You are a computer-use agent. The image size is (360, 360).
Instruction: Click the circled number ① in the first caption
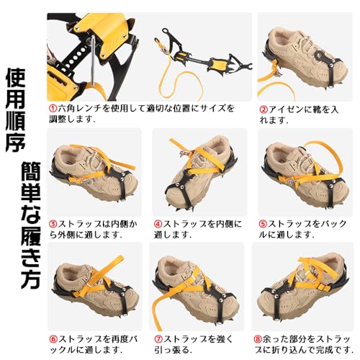tap(53, 108)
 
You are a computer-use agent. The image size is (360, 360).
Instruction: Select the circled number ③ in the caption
tap(53, 222)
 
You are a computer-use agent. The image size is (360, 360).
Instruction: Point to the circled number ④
tap(157, 222)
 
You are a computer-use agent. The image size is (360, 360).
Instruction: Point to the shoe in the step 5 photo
tap(299, 173)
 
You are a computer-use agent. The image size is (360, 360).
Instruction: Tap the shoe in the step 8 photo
tap(299, 288)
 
